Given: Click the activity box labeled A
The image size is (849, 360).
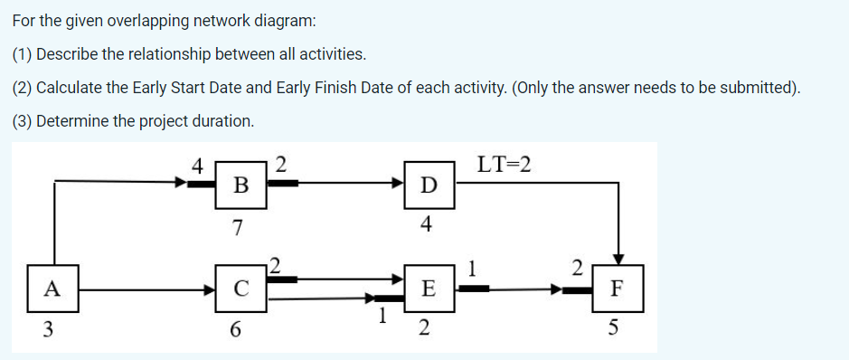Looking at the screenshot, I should [x=52, y=289].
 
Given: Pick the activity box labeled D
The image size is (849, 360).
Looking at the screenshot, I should [x=429, y=186].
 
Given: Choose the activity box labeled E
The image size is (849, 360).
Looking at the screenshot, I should [x=429, y=289].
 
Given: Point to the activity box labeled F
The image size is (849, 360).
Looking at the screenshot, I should [x=616, y=289].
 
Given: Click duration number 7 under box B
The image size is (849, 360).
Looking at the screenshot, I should [x=237, y=227].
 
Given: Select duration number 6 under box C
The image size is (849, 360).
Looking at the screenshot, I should [x=236, y=330].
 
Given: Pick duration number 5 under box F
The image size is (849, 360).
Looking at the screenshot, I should [x=617, y=330].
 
